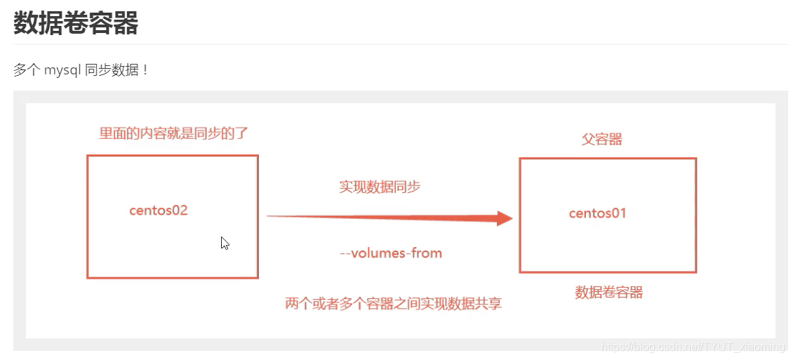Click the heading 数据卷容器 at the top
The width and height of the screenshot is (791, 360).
pos(76,23)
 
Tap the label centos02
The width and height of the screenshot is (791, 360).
pos(159,210)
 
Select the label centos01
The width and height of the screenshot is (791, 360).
pos(597,213)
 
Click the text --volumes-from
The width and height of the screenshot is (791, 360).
pos(390,253)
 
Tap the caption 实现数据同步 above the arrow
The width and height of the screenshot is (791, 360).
pos(380,187)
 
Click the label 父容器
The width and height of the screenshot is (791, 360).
pos(602,139)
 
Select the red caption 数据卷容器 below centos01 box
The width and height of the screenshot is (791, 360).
pos(609,293)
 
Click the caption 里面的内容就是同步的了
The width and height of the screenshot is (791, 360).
pos(173,133)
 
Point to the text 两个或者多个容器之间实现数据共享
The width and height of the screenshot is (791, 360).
pos(393,304)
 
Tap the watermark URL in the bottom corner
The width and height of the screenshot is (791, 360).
pos(694,347)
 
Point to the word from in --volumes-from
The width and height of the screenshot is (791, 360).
pos(427,253)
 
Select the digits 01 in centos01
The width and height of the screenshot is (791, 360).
pos(617,213)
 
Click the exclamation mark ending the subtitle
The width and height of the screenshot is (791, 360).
pos(145,70)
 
